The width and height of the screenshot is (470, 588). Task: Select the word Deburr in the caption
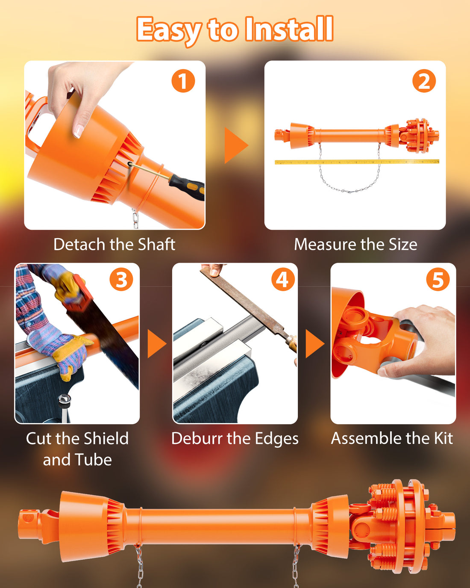tap(197, 438)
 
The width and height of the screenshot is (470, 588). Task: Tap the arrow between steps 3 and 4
tap(157, 344)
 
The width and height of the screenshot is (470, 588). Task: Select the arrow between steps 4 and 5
tap(315, 344)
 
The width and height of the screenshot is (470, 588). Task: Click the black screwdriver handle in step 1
tap(187, 187)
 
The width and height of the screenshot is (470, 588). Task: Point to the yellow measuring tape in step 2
tap(357, 162)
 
